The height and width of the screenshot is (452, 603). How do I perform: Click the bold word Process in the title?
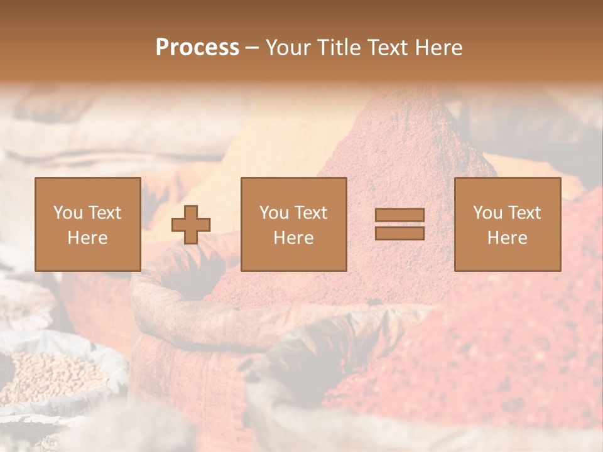click(x=197, y=48)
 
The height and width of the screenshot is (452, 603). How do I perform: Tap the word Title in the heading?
click(x=338, y=48)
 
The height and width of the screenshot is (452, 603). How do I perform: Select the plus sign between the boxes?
click(x=191, y=225)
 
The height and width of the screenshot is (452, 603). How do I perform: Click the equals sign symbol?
click(x=399, y=224)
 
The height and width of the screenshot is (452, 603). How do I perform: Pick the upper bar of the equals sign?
click(x=399, y=215)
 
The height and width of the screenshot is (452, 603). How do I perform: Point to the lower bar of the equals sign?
click(x=399, y=233)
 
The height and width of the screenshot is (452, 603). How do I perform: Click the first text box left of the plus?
click(x=88, y=225)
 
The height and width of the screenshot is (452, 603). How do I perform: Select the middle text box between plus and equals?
click(x=293, y=225)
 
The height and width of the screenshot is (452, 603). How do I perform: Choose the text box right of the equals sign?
click(x=508, y=225)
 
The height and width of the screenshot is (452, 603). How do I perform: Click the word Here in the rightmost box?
click(x=508, y=238)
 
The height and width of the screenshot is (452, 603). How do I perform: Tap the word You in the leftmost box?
click(x=67, y=213)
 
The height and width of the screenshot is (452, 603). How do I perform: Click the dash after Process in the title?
click(x=252, y=48)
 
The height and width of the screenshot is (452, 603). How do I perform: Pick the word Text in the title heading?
click(x=388, y=48)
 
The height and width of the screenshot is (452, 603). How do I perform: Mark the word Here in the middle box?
click(x=293, y=238)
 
